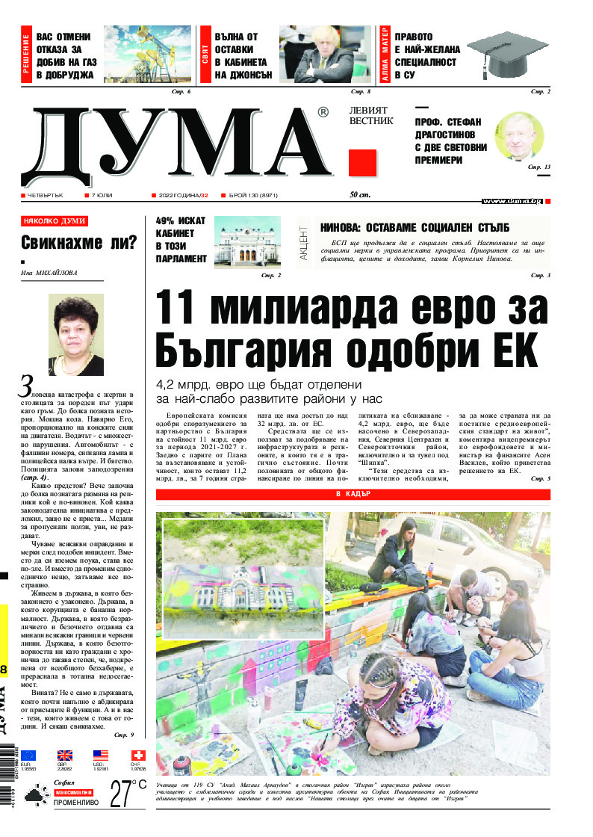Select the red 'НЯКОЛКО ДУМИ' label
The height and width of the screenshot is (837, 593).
pyautogui.click(x=55, y=221)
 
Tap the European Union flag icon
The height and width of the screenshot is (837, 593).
pyautogui.click(x=28, y=755)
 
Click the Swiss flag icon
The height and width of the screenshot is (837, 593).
pyautogui.click(x=138, y=755)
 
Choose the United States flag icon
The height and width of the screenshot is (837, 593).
pyautogui.click(x=101, y=755)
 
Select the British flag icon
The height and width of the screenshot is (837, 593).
pyautogui.click(x=65, y=755)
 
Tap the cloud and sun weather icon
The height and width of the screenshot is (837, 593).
pyautogui.click(x=35, y=797)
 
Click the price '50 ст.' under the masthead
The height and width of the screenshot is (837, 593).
pyautogui.click(x=361, y=196)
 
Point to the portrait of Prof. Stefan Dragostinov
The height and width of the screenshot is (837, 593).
pyautogui.click(x=519, y=137)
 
